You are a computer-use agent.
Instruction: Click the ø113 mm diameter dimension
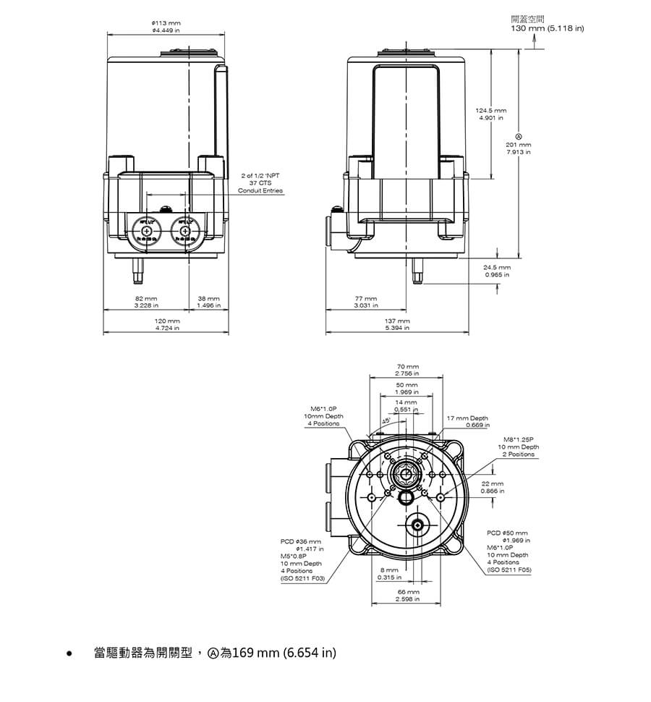click(x=166, y=28)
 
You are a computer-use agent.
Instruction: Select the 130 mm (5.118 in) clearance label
click(x=548, y=28)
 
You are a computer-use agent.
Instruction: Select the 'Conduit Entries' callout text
click(x=261, y=190)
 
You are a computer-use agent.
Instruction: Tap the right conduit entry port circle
click(x=185, y=231)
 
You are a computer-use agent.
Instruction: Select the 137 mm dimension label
click(x=398, y=324)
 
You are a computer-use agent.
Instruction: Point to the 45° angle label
click(x=386, y=420)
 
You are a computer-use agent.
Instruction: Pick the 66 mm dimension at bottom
click(x=408, y=595)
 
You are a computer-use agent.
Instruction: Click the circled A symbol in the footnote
click(x=213, y=653)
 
